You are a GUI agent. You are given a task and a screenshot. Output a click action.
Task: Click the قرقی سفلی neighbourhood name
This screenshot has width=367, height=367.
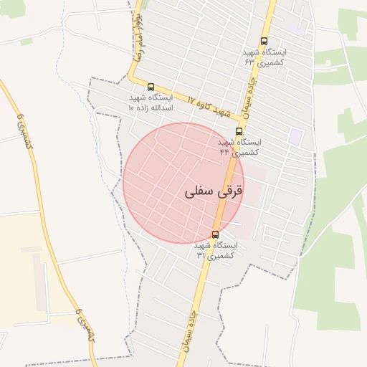tap(214, 191)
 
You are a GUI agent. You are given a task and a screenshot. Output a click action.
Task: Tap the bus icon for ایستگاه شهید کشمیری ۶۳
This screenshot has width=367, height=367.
tap(264, 42)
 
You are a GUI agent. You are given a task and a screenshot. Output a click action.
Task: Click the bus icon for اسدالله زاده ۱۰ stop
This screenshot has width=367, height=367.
tap(151, 87)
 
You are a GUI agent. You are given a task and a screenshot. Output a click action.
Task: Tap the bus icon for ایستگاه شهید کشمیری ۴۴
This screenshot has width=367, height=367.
tap(239, 131)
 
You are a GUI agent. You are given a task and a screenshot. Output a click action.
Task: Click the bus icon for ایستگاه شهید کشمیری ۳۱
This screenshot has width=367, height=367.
tap(215, 234)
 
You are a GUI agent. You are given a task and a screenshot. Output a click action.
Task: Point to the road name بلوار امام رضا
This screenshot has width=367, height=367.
tap(135, 35)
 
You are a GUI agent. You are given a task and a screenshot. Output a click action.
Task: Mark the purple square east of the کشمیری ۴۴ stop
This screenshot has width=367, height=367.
tap(295, 135)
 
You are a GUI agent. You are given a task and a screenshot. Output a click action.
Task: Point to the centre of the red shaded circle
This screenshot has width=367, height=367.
tap(183, 183)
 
